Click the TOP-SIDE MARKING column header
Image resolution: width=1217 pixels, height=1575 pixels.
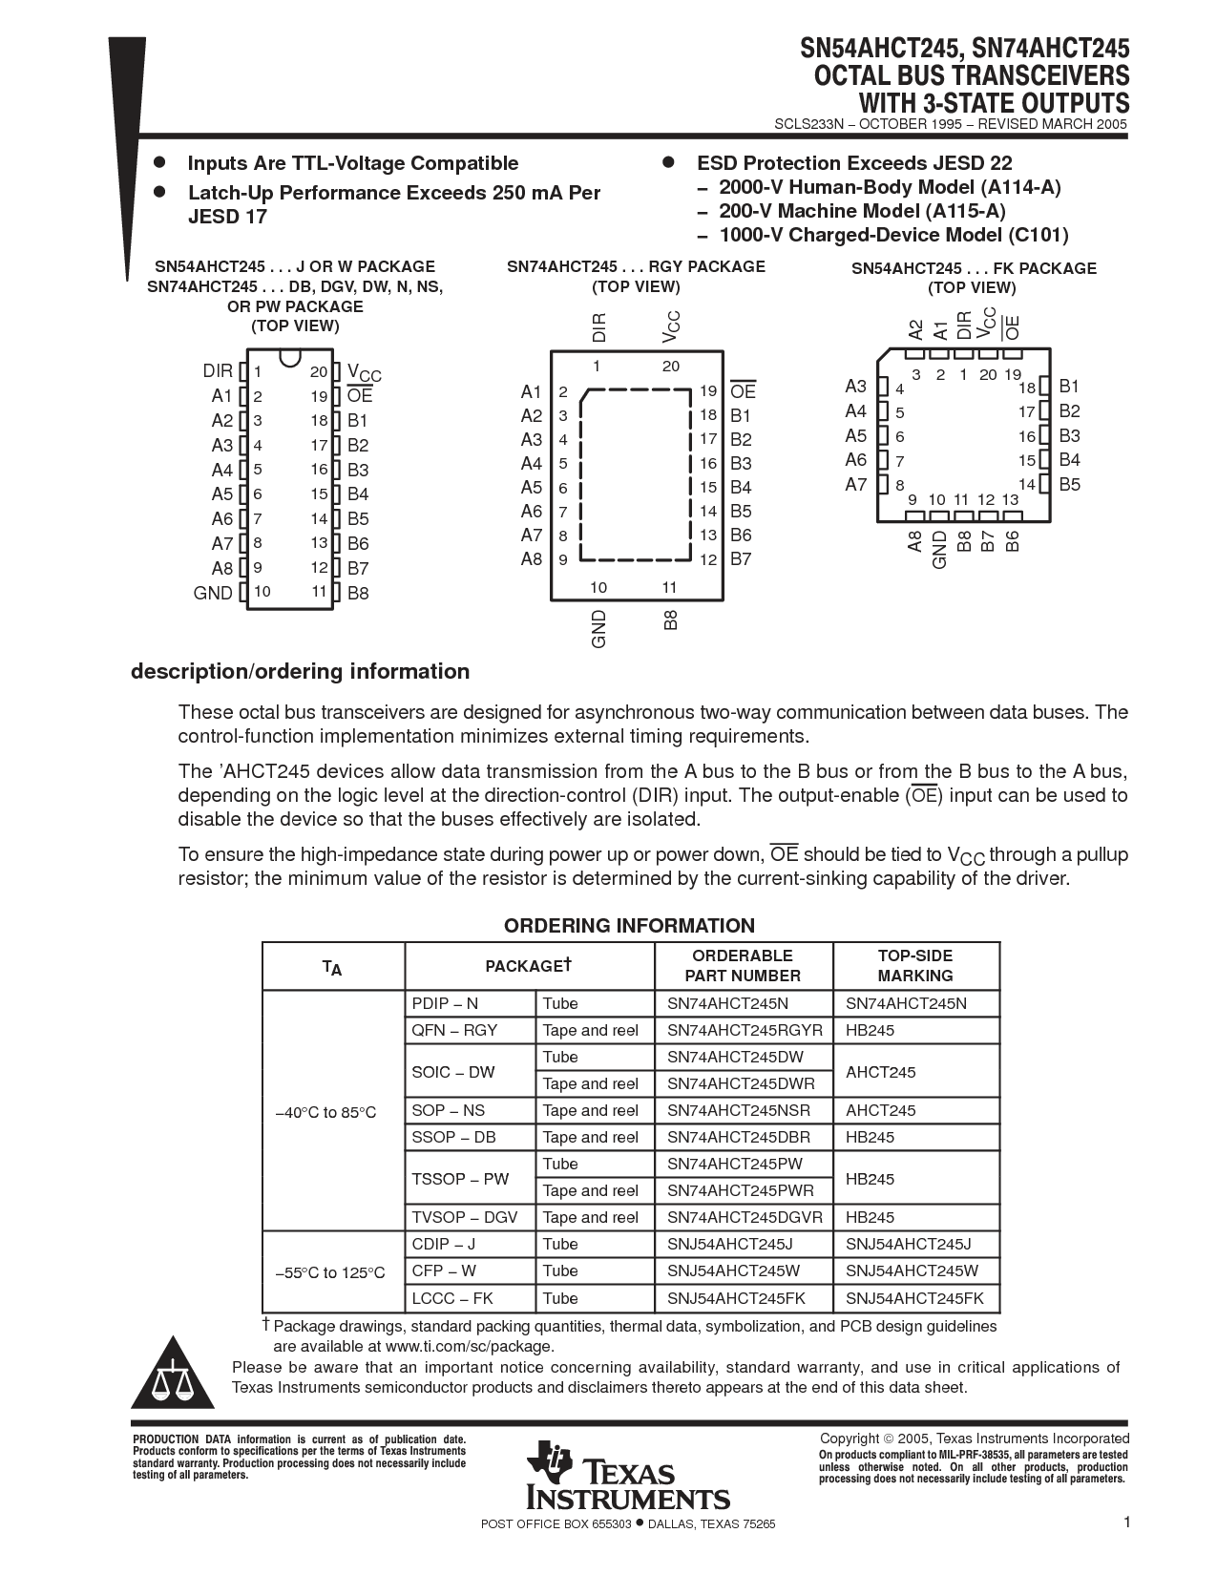914,966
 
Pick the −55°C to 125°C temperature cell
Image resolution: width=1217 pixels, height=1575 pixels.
330,1272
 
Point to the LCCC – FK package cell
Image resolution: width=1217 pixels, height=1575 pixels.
452,1298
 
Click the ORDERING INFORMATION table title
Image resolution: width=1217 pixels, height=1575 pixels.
629,926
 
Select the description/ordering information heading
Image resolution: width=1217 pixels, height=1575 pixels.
300,672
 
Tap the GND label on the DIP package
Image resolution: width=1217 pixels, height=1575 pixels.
213,593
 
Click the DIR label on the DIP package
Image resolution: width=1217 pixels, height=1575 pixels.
218,371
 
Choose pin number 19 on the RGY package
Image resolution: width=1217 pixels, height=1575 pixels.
707,390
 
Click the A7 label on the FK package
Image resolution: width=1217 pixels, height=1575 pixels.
855,485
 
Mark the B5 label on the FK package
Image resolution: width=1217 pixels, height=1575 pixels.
1069,485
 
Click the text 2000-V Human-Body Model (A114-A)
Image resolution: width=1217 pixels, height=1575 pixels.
890,188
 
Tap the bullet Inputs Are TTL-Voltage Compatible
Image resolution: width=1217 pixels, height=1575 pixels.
352,164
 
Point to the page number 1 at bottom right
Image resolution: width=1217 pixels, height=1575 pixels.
1126,1523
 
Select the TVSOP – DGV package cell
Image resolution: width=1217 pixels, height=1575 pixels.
465,1218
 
